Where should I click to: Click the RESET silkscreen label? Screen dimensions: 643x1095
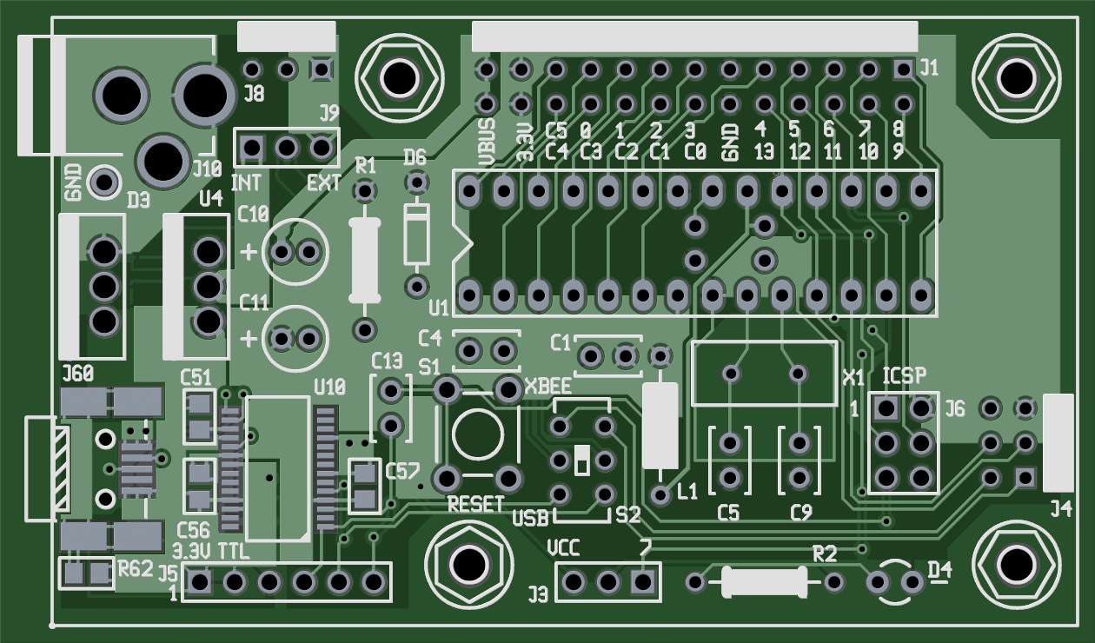pyautogui.click(x=475, y=504)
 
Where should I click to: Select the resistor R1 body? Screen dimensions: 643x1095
pyautogui.click(x=365, y=260)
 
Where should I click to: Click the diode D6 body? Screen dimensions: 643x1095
pyautogui.click(x=417, y=233)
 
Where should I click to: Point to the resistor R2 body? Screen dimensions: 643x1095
pyautogui.click(x=764, y=581)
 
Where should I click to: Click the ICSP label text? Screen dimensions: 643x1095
pyautogui.click(x=905, y=376)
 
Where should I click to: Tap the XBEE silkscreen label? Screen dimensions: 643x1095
pyautogui.click(x=547, y=387)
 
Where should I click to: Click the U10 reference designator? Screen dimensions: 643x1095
pyautogui.click(x=329, y=387)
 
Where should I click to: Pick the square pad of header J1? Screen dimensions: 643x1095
pyautogui.click(x=904, y=69)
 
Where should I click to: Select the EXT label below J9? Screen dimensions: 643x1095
pyautogui.click(x=323, y=183)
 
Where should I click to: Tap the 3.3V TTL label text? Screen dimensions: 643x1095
pyautogui.click(x=211, y=551)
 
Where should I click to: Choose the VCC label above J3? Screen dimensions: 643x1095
pyautogui.click(x=565, y=548)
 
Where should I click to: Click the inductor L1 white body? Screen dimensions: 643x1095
pyautogui.click(x=660, y=425)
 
